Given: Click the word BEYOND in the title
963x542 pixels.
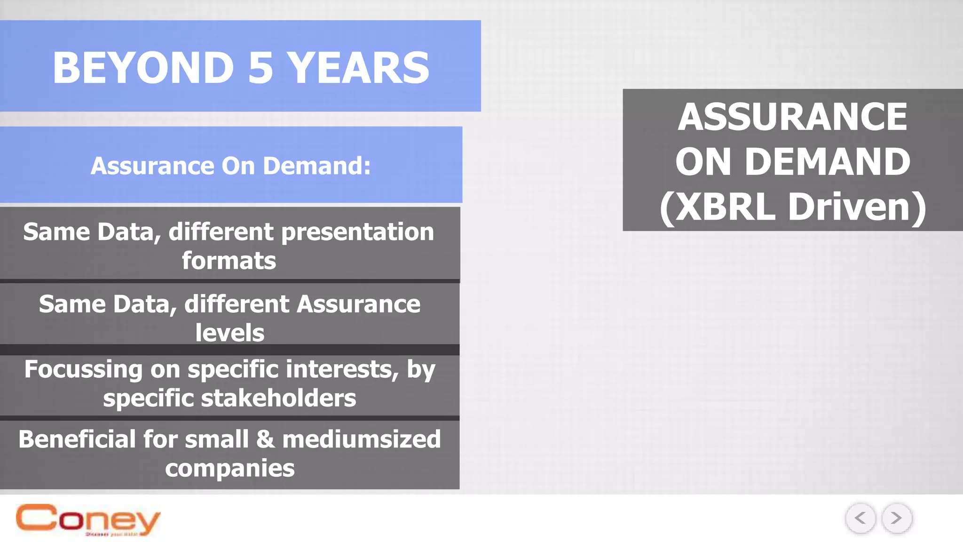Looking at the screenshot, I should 143,68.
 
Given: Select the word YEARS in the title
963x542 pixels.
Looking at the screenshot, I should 358,68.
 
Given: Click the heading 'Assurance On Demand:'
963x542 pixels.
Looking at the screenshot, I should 230,166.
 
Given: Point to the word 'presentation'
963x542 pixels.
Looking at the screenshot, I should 357,232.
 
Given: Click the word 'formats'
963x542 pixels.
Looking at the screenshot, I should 229,261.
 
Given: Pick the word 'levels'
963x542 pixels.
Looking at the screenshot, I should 229,333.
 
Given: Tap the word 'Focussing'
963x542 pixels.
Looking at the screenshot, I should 83,369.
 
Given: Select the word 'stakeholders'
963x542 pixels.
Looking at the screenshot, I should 278,398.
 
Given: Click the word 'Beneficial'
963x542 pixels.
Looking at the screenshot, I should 77,439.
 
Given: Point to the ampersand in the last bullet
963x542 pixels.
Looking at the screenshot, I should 265,439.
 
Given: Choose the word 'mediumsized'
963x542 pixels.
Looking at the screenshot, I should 361,439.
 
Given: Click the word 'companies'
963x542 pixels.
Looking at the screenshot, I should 229,468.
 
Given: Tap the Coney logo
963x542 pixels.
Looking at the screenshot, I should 88,519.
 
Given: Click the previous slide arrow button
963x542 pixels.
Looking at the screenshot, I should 860,518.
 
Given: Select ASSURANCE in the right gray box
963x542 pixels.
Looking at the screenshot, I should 792,117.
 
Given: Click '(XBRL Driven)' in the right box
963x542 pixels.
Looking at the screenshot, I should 792,207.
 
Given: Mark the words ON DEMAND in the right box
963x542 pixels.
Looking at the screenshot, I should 792,162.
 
